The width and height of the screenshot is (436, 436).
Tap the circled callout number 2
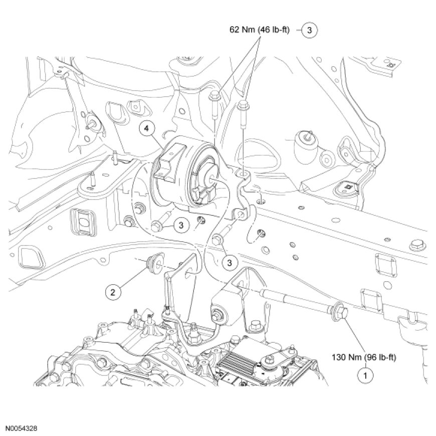pos(113,289)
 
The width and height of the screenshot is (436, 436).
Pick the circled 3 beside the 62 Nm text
pos(310,31)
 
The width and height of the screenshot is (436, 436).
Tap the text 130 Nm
pos(346,358)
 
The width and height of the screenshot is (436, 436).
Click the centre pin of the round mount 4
pos(207,177)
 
